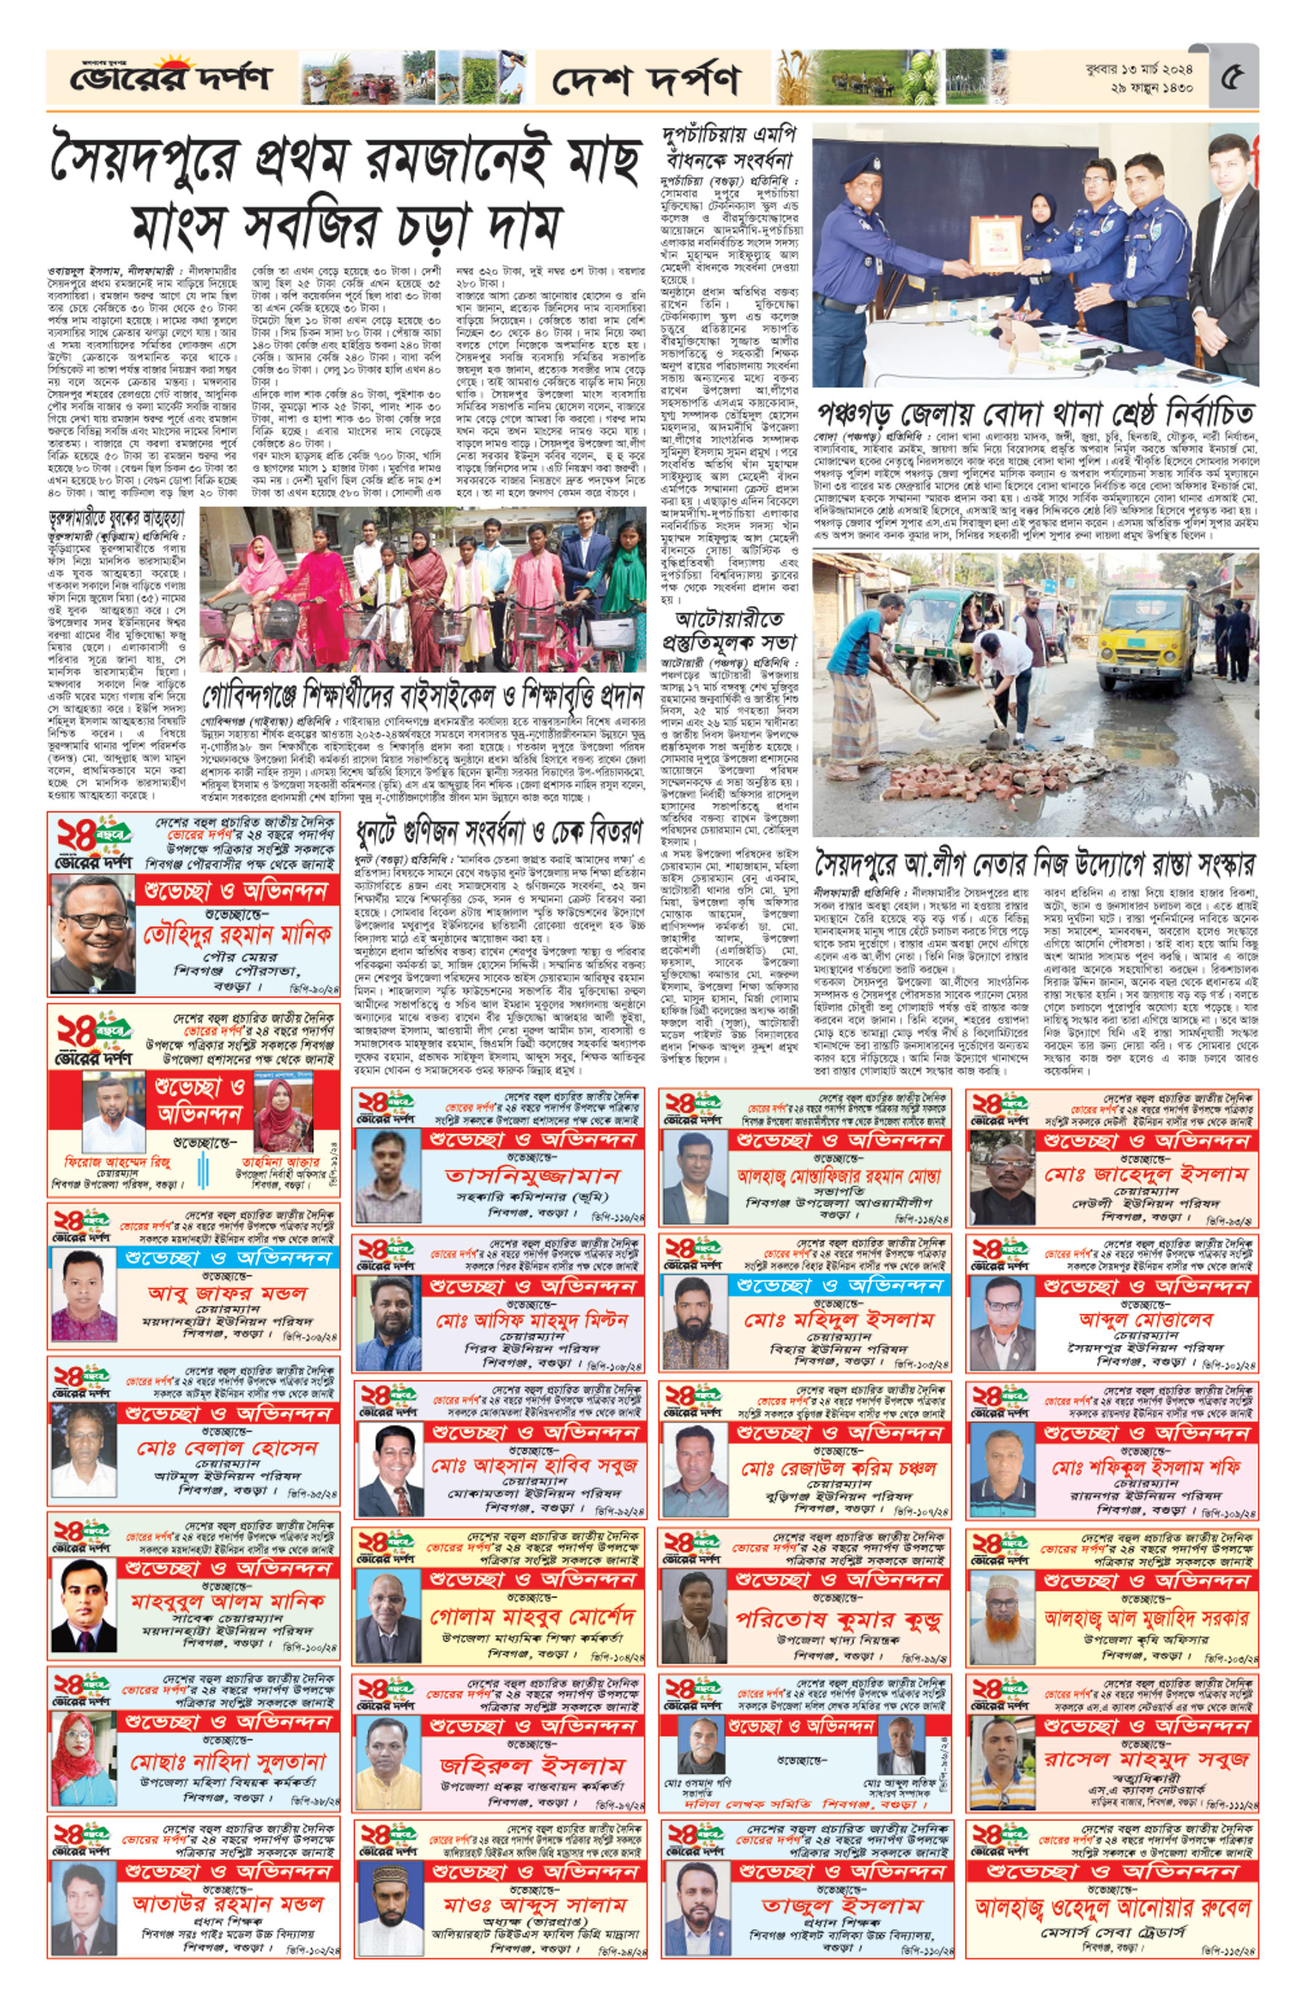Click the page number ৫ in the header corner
tap(1233, 77)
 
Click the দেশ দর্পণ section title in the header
tap(646, 80)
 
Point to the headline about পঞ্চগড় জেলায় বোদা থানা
tap(1035, 414)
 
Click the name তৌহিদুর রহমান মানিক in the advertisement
tap(236, 935)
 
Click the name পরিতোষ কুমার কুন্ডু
tap(837, 1618)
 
